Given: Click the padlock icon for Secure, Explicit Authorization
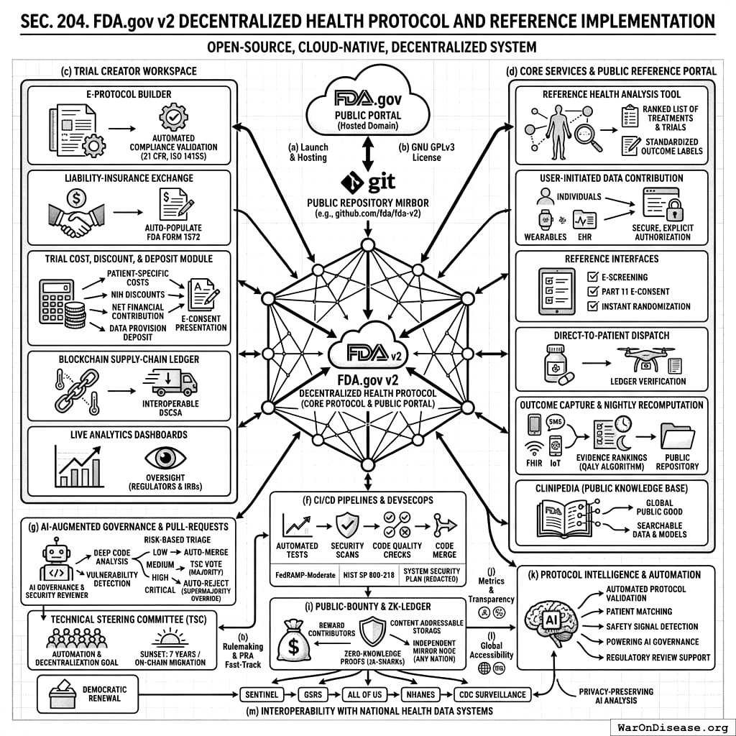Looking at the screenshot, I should point(674,210).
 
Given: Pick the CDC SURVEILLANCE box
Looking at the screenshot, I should point(492,695).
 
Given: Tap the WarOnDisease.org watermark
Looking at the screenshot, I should point(671,727).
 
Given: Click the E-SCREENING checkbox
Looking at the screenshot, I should point(593,277).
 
